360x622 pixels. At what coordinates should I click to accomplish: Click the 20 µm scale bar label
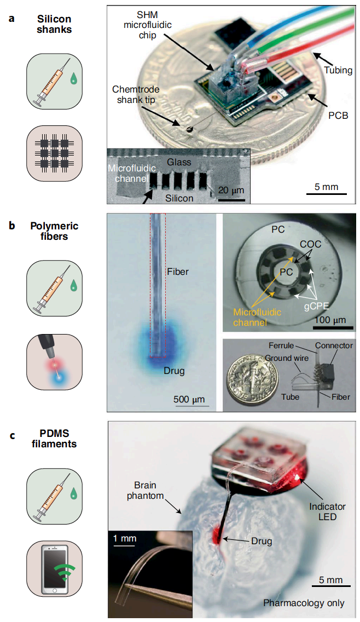coord(231,190)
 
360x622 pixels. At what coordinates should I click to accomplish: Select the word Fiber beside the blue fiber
coord(179,271)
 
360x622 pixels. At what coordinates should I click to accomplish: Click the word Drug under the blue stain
coord(174,371)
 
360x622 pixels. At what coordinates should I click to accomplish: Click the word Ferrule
coord(282,346)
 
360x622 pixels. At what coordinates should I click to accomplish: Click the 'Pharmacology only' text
coord(304,603)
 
